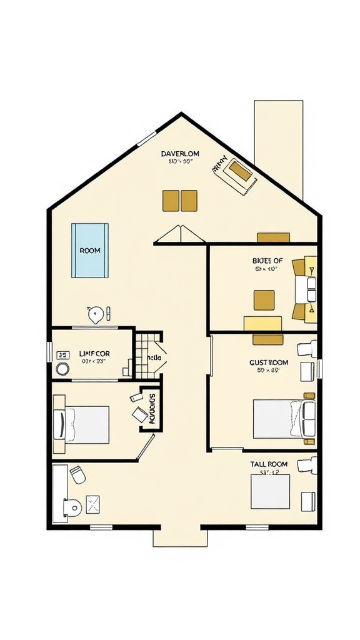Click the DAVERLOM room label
180,153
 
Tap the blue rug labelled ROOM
90,250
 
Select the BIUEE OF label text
267,261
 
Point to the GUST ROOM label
269,362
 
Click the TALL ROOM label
269,464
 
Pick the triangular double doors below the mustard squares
179,235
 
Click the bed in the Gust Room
283,419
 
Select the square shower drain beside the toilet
93,504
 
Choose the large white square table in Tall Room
271,492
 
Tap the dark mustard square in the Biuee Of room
264,300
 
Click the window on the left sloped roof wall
146,138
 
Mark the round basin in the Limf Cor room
62,368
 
